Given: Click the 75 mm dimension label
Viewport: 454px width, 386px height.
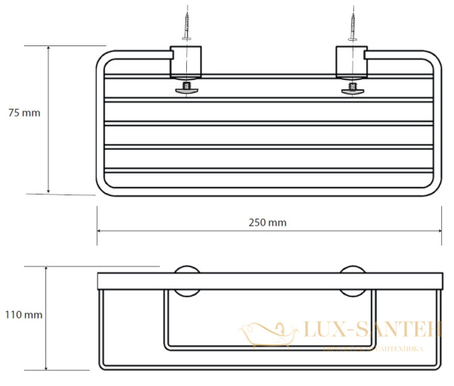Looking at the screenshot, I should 23,113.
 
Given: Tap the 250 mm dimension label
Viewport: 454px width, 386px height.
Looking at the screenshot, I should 268,223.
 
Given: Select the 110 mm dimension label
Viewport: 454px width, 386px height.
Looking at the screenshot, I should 23,314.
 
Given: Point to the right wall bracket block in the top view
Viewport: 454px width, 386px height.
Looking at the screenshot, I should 352,62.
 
